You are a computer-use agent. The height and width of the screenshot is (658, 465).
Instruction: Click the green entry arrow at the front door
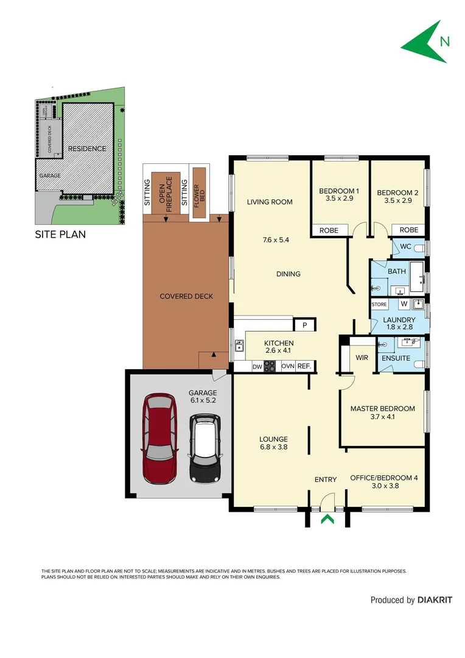coord(327,519)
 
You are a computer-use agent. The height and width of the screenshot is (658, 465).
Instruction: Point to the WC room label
coord(405,247)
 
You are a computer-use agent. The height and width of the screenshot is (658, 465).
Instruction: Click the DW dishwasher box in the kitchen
coord(256,366)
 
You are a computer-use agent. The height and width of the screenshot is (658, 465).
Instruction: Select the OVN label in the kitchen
coord(287,366)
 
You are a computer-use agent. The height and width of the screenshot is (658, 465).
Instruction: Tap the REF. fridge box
coord(305,366)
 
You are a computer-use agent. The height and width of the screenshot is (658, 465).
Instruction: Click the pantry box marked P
coord(304,325)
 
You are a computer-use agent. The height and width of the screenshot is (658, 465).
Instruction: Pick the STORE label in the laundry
coord(379,304)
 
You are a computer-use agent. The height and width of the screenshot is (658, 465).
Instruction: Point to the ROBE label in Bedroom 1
coord(329,230)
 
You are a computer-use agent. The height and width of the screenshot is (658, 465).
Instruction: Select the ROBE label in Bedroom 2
coord(409,230)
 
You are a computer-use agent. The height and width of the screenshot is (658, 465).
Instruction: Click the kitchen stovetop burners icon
coord(270,366)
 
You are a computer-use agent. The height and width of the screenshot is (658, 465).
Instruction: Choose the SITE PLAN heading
coord(60,234)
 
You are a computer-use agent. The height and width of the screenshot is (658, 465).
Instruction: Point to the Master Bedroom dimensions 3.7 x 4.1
coord(382,418)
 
